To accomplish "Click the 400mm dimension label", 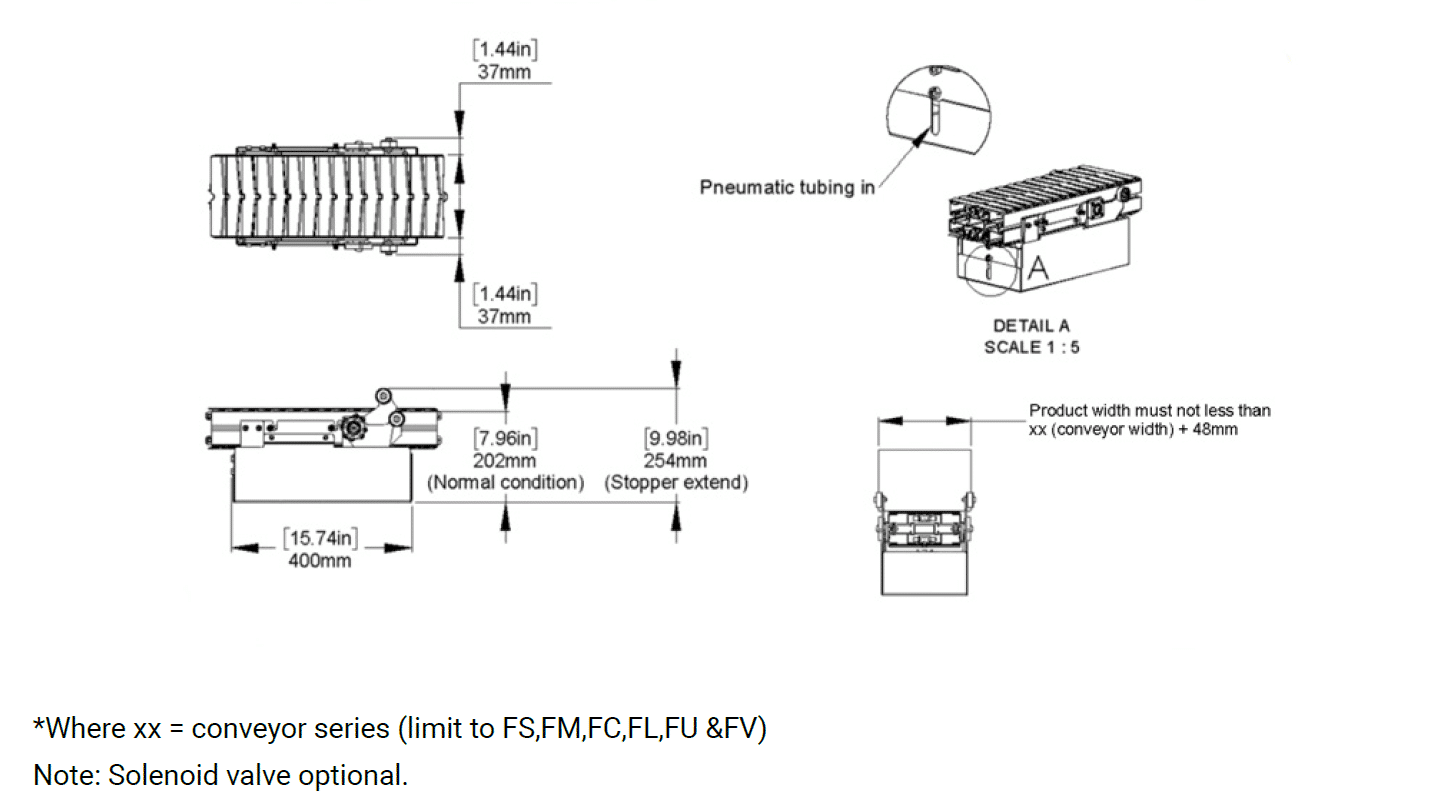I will point(320,561).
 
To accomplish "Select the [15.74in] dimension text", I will point(320,539).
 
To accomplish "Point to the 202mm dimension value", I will point(507,461).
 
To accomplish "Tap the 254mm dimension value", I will point(677,461).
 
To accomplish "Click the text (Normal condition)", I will point(507,482).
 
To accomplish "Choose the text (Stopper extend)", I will point(677,482).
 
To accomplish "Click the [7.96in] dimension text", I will point(507,438).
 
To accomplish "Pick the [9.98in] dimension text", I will point(677,438).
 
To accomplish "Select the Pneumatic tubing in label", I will point(787,187).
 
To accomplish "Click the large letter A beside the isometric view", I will point(1038,267).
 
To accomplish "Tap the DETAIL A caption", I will point(1031,326).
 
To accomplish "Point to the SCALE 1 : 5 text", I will point(1031,347).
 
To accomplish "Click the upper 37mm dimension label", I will point(504,72).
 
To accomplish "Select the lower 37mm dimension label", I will point(504,317).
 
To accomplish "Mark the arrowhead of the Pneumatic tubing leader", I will point(919,137).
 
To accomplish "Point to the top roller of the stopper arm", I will point(383,393).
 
